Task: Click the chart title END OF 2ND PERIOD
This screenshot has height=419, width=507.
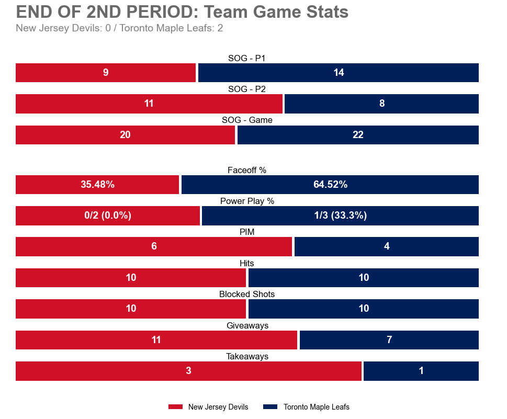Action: click(x=182, y=12)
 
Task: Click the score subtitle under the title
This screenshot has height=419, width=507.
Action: click(x=119, y=28)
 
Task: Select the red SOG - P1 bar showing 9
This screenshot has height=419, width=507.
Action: click(x=106, y=73)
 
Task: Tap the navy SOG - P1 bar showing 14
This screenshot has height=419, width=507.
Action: click(x=339, y=73)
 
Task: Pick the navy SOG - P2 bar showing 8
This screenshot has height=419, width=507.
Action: click(x=381, y=104)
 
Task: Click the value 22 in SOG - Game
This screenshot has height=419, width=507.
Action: click(x=358, y=135)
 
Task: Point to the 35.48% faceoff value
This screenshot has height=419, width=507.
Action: click(x=97, y=185)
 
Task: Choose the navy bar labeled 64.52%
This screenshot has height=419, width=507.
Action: click(x=330, y=185)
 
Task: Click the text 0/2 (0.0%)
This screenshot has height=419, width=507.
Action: click(x=108, y=216)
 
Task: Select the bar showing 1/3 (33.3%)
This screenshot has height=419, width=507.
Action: click(x=340, y=216)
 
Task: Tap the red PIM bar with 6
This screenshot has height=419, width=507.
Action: click(x=154, y=246)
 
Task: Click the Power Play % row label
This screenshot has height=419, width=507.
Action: click(x=247, y=201)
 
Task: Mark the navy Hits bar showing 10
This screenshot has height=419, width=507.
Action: click(x=364, y=278)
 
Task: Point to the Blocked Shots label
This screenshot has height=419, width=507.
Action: click(x=247, y=294)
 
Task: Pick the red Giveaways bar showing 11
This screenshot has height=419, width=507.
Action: click(x=156, y=340)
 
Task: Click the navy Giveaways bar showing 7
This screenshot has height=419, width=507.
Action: click(x=389, y=340)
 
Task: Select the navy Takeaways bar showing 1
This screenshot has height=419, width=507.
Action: click(x=421, y=371)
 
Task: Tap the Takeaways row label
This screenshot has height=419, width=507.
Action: click(x=247, y=356)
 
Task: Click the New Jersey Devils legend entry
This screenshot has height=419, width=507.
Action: click(x=208, y=407)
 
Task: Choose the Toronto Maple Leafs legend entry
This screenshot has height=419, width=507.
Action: click(x=306, y=407)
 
